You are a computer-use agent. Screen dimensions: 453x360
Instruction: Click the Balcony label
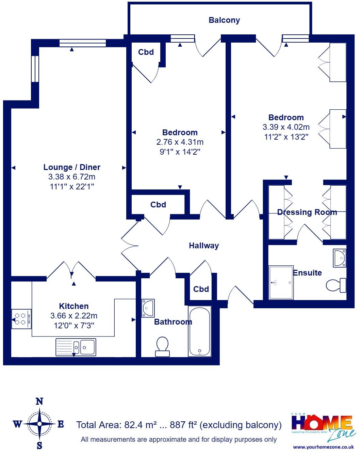[x=224, y=20]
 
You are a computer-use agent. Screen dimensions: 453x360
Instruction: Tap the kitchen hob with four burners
[x=21, y=319]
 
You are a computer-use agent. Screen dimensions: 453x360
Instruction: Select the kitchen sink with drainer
[x=76, y=347]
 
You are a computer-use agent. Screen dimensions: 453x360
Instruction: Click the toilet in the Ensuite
[x=336, y=285]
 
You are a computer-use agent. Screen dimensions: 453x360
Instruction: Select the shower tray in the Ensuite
[x=281, y=283]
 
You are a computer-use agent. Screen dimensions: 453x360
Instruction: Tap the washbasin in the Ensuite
[x=340, y=258]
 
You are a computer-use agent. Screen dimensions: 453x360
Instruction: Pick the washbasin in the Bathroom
[x=148, y=308]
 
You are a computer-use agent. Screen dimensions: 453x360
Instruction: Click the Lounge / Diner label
[x=72, y=167]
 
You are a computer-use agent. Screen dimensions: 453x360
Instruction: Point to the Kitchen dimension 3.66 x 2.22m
[x=74, y=316]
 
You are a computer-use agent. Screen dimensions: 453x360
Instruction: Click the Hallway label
[x=204, y=246]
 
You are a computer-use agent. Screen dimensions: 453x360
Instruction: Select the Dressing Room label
[x=307, y=212]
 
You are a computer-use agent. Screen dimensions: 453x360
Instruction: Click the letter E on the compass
[x=61, y=424]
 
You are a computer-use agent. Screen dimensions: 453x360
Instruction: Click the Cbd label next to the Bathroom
[x=201, y=289]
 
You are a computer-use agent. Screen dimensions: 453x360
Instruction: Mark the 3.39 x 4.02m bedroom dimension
[x=286, y=127]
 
